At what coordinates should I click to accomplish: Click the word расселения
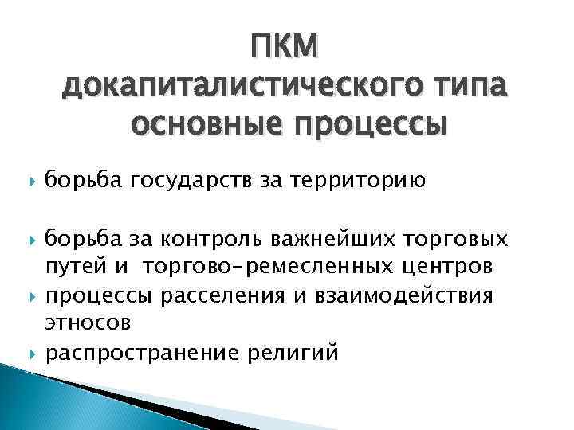pyautogui.click(x=210, y=296)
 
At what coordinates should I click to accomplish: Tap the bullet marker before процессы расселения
pyautogui.click(x=29, y=297)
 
